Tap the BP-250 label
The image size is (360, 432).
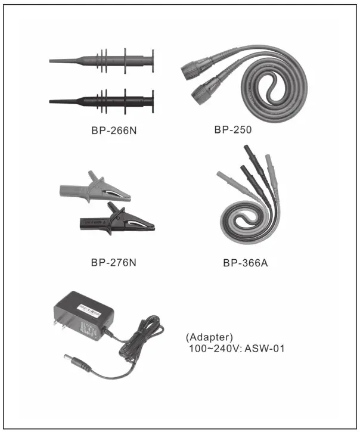(234, 128)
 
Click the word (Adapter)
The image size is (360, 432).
(206, 336)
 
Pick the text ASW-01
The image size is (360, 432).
(263, 347)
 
